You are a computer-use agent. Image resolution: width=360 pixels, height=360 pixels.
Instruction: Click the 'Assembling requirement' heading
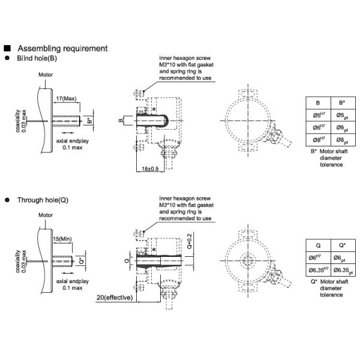tap(62, 49)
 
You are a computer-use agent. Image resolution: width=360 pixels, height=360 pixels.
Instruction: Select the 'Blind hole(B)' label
tap(37, 58)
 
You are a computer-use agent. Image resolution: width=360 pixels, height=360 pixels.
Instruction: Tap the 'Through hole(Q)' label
tap(43, 200)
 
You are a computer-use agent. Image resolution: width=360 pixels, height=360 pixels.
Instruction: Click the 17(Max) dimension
tap(66, 98)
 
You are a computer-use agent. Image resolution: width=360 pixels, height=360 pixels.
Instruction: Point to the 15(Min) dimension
tap(62, 239)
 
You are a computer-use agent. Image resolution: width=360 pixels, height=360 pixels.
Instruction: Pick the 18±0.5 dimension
tap(150, 169)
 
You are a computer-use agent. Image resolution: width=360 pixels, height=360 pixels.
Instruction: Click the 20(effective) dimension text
tap(115, 298)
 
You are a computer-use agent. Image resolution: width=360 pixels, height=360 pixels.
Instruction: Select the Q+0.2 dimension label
tap(190, 241)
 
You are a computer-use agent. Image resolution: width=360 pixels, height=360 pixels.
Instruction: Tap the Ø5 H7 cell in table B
tap(319, 115)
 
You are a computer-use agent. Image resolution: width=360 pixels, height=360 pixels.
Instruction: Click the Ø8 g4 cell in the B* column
tap(343, 140)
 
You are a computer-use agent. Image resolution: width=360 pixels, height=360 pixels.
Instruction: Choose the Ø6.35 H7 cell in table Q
tap(319, 270)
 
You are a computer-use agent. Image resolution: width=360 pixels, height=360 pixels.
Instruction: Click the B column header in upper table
tap(319, 103)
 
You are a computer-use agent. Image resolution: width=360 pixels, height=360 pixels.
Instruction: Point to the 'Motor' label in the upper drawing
tap(46, 74)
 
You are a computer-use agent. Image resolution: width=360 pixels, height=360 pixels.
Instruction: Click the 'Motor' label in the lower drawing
tap(46, 215)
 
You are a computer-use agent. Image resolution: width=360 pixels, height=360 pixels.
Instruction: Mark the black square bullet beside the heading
tap(7, 48)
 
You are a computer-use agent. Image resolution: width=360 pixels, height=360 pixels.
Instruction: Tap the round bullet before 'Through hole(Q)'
tap(7, 200)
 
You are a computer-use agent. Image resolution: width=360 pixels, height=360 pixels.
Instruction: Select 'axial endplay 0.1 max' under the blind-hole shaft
tap(73, 144)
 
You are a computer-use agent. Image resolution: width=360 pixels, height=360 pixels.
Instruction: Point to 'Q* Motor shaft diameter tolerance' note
tap(329, 288)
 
